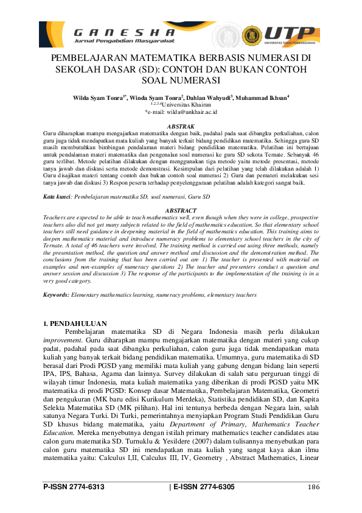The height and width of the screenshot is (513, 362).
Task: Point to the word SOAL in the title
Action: (158, 80)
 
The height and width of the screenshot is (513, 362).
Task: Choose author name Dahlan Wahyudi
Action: (211, 97)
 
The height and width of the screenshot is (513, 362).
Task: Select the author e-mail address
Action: (181, 112)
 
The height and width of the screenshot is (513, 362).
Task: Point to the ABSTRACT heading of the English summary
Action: (180, 210)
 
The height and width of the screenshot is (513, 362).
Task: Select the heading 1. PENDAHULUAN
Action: (75, 323)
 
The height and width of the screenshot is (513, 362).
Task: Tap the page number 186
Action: (313, 487)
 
